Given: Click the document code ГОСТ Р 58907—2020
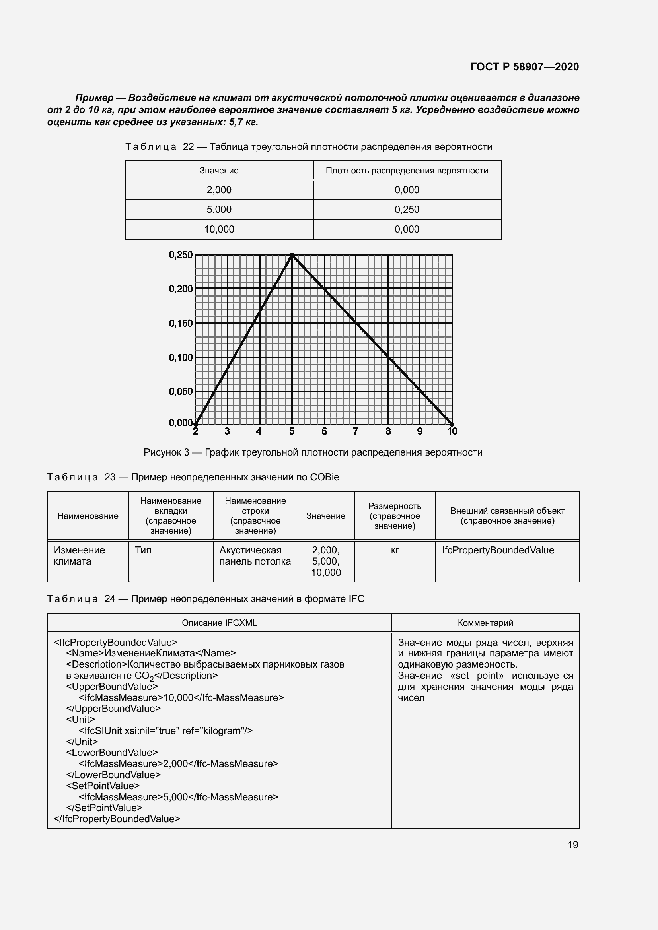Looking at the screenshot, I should (x=524, y=67).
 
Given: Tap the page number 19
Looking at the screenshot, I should (x=572, y=845).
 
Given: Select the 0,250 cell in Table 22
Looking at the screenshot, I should (x=407, y=210).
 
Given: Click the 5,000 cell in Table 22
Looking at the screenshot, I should (x=219, y=210).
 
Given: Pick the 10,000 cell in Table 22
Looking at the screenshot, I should (x=219, y=229).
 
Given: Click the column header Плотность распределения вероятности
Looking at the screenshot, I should (x=407, y=171).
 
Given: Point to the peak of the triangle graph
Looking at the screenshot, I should (x=292, y=255).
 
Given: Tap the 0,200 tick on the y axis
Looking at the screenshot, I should (x=181, y=289).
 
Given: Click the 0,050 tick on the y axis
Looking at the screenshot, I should (x=181, y=391).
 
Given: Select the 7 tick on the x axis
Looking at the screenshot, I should (x=355, y=431).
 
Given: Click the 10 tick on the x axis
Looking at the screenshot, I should (x=452, y=431).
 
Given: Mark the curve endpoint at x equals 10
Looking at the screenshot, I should (x=452, y=424).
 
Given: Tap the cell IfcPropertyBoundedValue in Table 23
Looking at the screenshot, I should (x=498, y=550).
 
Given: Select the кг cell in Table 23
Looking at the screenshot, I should (x=395, y=550).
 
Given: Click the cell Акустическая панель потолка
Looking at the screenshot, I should (x=255, y=556).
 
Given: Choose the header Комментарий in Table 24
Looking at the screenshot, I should (x=485, y=623).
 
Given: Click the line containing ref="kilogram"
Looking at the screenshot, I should (x=165, y=730).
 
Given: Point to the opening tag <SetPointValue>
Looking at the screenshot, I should (x=103, y=786).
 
